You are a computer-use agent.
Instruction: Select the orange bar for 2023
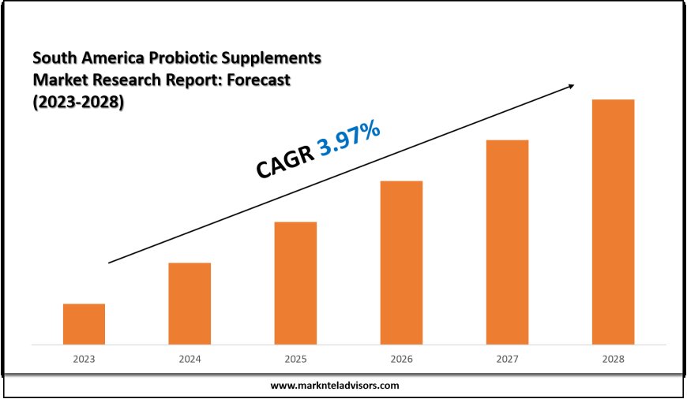point(84,324)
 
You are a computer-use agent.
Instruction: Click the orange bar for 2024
point(190,304)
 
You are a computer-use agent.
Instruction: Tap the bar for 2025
point(295,283)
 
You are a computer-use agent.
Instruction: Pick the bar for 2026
point(401,263)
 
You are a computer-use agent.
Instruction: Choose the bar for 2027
point(507,242)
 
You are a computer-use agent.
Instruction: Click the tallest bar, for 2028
point(613,222)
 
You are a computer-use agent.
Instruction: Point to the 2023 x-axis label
point(84,359)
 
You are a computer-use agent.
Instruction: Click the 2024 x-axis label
point(190,359)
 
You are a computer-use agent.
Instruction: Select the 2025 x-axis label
point(295,359)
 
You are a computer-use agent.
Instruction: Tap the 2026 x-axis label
point(401,359)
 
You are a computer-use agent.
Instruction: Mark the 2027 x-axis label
point(507,359)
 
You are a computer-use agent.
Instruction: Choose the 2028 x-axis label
point(613,359)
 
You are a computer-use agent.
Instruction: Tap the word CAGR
point(284,159)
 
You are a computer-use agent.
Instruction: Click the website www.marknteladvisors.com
point(335,386)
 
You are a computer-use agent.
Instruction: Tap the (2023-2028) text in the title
point(78,103)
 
